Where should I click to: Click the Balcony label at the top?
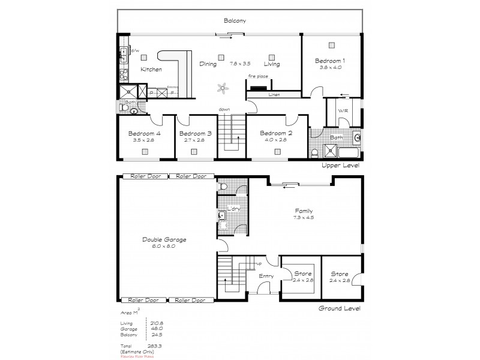(x=235, y=20)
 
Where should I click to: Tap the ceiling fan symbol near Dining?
(x=223, y=88)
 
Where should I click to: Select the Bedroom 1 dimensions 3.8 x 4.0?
(x=331, y=67)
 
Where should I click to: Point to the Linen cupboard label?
(x=274, y=95)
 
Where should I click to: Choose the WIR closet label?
(x=343, y=110)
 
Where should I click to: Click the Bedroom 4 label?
(x=145, y=133)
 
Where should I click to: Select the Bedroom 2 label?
(x=278, y=133)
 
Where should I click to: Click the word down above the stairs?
(x=224, y=109)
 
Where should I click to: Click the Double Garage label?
(x=164, y=239)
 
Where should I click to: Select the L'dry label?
(x=233, y=209)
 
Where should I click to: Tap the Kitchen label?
(x=151, y=70)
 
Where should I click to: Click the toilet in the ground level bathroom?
(x=223, y=188)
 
